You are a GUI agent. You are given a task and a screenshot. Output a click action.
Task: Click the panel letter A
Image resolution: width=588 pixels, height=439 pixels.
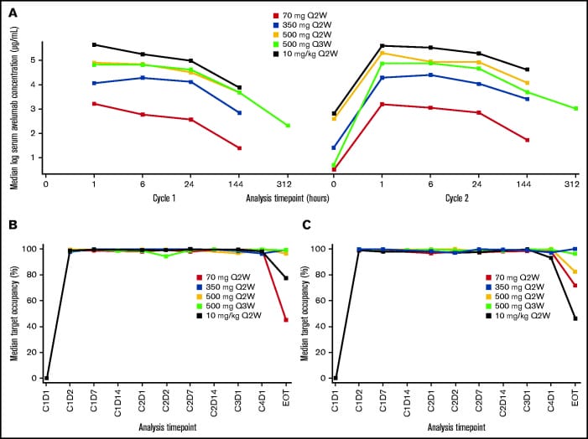click(12, 12)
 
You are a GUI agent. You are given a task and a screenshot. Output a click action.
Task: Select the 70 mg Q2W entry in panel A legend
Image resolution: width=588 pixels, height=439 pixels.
click(304, 16)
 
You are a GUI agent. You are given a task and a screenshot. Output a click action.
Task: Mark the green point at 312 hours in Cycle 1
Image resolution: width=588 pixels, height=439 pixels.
click(288, 126)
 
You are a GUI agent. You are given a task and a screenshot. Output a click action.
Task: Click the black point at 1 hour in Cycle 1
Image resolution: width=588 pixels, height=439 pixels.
click(95, 44)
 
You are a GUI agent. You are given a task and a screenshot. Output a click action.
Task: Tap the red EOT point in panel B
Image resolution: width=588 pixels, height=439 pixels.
click(286, 320)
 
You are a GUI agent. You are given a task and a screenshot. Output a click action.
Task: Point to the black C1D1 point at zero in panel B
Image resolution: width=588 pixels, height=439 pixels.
click(46, 378)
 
